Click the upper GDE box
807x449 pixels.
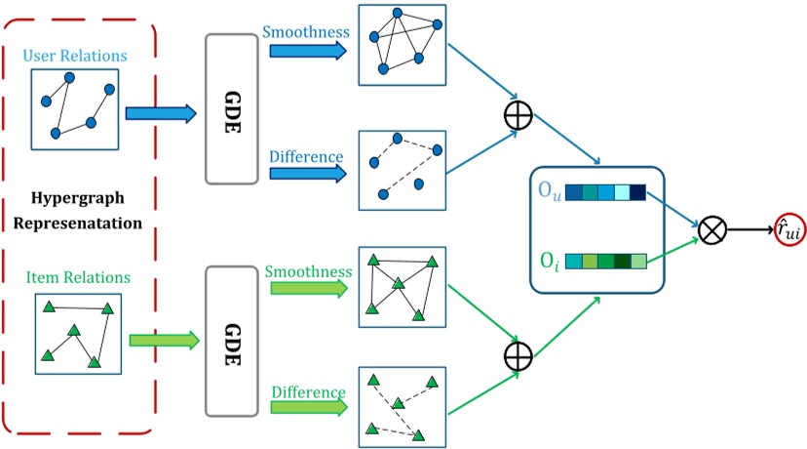point(232,109)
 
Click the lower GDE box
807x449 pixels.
point(232,342)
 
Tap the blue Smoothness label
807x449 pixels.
point(306,32)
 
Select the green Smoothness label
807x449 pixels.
point(308,271)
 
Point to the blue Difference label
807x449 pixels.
point(306,157)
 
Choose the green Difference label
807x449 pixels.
point(308,392)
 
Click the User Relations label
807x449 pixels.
point(75,56)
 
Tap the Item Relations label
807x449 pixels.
point(78,277)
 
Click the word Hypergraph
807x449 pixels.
point(78,198)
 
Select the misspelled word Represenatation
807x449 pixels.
point(78,224)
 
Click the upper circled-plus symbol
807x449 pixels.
point(518,115)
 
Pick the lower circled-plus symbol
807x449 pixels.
point(518,355)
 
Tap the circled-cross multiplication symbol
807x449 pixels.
point(711,230)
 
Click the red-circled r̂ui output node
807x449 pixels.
point(789,229)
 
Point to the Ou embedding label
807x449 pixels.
point(550,191)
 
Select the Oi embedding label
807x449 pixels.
point(550,261)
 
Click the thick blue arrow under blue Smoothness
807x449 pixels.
point(308,51)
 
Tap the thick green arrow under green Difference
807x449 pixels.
point(309,407)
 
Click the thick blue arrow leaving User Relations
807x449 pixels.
point(161,113)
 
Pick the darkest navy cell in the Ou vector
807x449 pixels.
point(637,192)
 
